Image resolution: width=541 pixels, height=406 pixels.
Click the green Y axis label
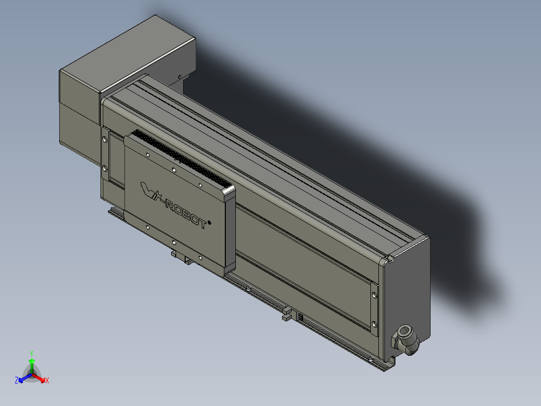click(x=31, y=353)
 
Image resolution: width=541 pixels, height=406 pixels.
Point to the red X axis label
click(x=47, y=381)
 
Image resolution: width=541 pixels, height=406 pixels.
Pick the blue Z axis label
click(x=17, y=381)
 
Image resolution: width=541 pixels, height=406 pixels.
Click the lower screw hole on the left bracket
click(x=105, y=167)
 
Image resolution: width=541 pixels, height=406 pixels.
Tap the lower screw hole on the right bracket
click(x=374, y=323)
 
